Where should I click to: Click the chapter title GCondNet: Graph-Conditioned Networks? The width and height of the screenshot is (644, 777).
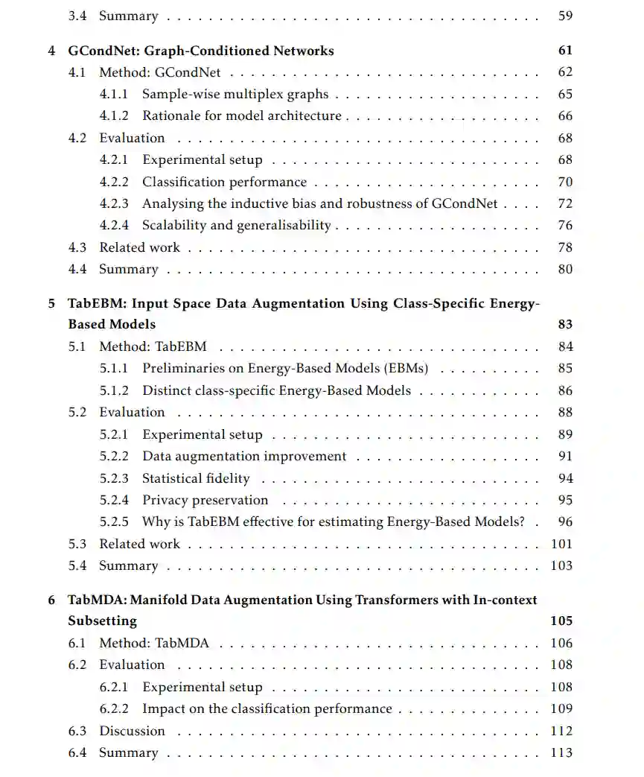(x=201, y=51)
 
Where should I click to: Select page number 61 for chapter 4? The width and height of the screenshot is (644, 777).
(x=565, y=51)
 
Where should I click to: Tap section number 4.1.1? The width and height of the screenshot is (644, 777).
(x=114, y=95)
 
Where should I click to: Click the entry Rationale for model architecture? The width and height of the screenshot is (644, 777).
(x=242, y=116)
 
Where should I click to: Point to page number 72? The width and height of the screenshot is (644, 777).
(x=565, y=203)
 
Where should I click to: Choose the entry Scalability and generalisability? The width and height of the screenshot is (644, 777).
(x=237, y=225)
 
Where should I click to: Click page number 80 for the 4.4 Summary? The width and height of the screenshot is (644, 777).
(x=565, y=269)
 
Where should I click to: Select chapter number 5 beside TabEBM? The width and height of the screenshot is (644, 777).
(x=52, y=303)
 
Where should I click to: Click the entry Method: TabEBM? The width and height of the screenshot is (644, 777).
(x=153, y=346)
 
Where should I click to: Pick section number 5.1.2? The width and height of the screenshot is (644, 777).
(x=114, y=390)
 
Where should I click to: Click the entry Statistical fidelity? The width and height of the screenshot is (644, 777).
(x=196, y=478)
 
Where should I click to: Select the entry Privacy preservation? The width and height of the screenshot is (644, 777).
(x=205, y=500)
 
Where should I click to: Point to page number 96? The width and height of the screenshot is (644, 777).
(x=565, y=522)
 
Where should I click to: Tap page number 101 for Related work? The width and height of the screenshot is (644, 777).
(x=562, y=544)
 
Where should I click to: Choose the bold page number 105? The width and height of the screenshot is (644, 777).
(x=561, y=621)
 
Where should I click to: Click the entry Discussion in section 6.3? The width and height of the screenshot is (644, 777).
(x=132, y=731)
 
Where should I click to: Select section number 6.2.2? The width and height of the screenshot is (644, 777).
(x=114, y=709)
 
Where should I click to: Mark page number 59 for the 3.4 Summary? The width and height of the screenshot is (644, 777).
(x=565, y=16)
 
